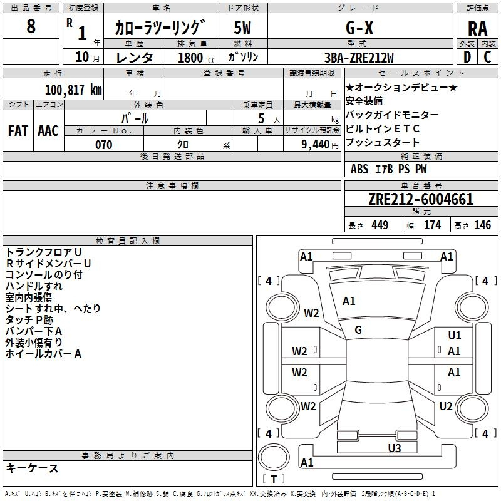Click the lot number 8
pyautogui.click(x=31, y=26)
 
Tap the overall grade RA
pyautogui.click(x=478, y=29)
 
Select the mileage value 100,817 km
pyautogui.click(x=73, y=90)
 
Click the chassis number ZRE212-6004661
pyautogui.click(x=421, y=199)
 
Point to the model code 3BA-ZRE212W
pyautogui.click(x=359, y=58)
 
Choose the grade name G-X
pyautogui.click(x=359, y=28)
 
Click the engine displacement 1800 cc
pyautogui.click(x=197, y=58)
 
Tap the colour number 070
pyautogui.click(x=104, y=145)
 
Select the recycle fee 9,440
pyautogui.click(x=316, y=145)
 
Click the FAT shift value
pyautogui.click(x=18, y=131)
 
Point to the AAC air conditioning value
pyautogui.click(x=48, y=131)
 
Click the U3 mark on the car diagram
pyautogui.click(x=395, y=448)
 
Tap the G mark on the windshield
pyautogui.click(x=358, y=330)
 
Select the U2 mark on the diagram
pyautogui.click(x=446, y=406)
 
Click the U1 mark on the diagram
pyautogui.click(x=455, y=336)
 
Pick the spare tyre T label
pyautogui.click(x=274, y=479)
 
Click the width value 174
pyautogui.click(x=432, y=225)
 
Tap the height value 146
pyautogui.click(x=482, y=225)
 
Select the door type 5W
pyautogui.click(x=242, y=28)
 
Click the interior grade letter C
pyautogui.click(x=487, y=57)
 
